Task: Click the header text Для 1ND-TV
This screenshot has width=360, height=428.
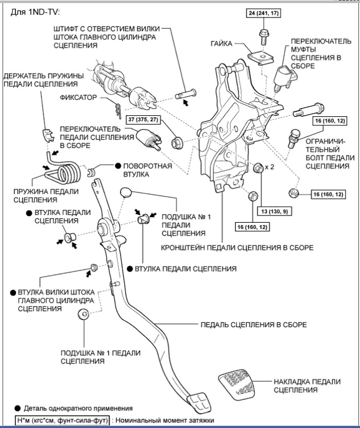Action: (x=35, y=11)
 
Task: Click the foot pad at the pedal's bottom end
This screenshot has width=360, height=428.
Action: (x=196, y=402)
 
